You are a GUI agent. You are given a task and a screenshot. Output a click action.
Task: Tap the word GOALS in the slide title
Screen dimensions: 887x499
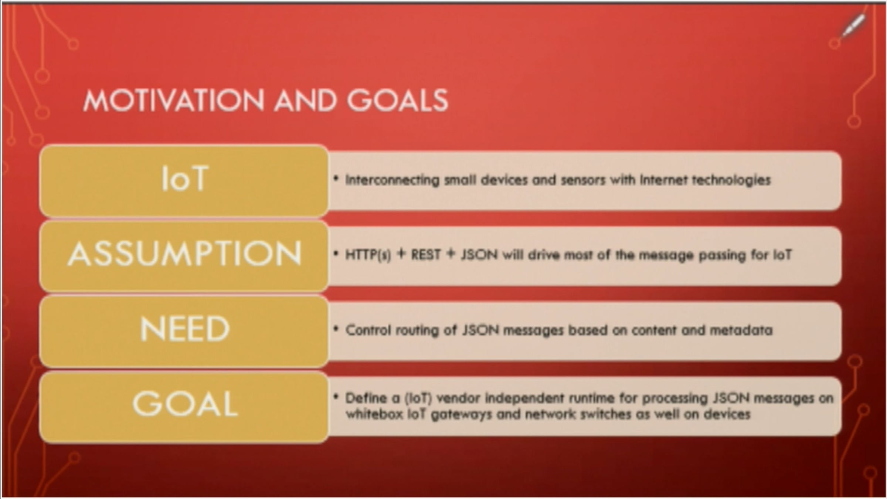coord(398,101)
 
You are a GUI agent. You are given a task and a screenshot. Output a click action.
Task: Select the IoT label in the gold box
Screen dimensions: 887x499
coord(185,179)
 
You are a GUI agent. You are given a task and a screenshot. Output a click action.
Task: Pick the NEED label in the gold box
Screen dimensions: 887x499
coord(185,329)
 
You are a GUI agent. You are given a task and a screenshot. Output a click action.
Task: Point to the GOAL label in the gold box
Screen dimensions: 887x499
coord(185,404)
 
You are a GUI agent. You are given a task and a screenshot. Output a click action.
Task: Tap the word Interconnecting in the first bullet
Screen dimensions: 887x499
coord(392,180)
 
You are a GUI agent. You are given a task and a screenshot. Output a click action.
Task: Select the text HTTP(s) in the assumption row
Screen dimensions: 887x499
coord(368,255)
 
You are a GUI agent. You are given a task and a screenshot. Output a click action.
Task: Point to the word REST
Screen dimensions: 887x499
coord(426,255)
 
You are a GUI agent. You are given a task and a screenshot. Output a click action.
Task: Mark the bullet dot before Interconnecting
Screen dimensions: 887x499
coord(336,179)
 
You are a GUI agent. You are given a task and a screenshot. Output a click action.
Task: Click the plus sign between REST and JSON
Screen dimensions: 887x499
coord(451,254)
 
